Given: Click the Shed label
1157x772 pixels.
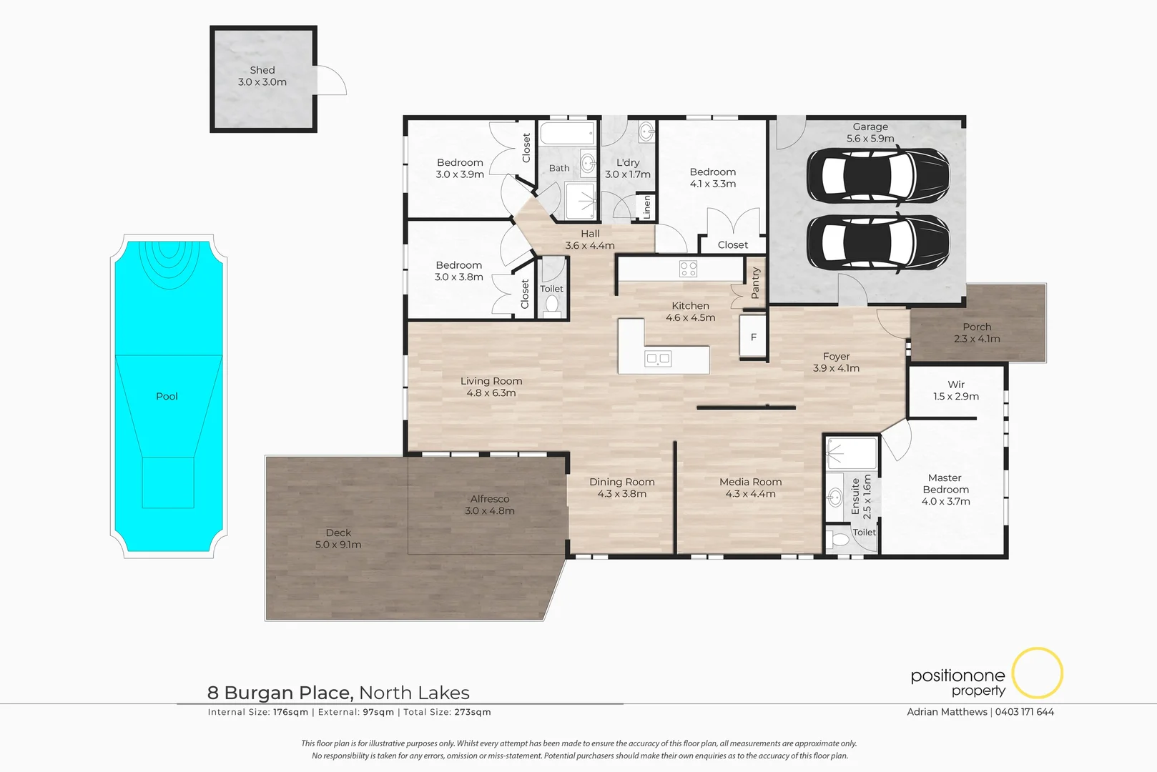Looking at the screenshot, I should [x=262, y=70].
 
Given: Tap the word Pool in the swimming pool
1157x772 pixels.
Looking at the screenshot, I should [x=167, y=396].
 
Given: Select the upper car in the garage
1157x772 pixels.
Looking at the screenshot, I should [x=878, y=176].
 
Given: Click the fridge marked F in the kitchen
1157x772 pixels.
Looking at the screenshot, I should [x=753, y=337].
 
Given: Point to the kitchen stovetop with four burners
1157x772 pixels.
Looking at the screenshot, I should [x=688, y=269].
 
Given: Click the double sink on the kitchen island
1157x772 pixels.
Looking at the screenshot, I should [x=658, y=359].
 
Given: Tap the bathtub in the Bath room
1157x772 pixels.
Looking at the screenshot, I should [x=567, y=134].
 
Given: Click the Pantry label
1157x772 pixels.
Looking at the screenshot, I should [x=755, y=283].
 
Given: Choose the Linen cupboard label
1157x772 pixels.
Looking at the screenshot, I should [x=647, y=207].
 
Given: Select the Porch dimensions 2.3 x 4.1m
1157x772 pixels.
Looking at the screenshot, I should [x=977, y=339].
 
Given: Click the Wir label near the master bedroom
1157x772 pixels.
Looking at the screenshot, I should [x=956, y=385].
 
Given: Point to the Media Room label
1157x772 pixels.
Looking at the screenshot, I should [x=750, y=482].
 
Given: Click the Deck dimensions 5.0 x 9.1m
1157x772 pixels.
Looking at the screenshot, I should [x=338, y=545].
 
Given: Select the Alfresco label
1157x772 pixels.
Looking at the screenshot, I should [x=490, y=499].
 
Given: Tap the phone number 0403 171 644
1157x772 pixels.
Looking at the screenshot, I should [x=1024, y=712].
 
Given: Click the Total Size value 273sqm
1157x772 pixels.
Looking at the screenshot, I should [x=473, y=712].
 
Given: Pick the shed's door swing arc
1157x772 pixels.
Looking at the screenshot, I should [x=333, y=79].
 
